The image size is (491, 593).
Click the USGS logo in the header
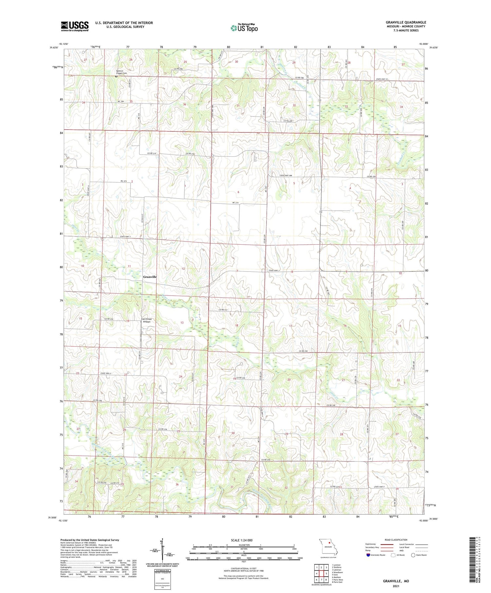tap(75, 26)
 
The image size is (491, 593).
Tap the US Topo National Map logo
tap(244, 28)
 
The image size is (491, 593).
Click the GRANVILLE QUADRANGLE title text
tap(406, 22)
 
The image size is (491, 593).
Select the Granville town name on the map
tap(150, 277)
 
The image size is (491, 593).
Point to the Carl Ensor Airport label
tap(146, 320)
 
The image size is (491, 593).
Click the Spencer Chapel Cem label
tap(121, 72)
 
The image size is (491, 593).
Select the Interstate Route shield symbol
tap(368, 555)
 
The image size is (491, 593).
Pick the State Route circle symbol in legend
tap(413, 555)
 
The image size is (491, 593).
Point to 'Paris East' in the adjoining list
tap(337, 582)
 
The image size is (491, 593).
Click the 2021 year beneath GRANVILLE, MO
tap(396, 585)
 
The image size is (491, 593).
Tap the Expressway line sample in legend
tap(386, 544)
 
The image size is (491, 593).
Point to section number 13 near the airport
tap(182, 323)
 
